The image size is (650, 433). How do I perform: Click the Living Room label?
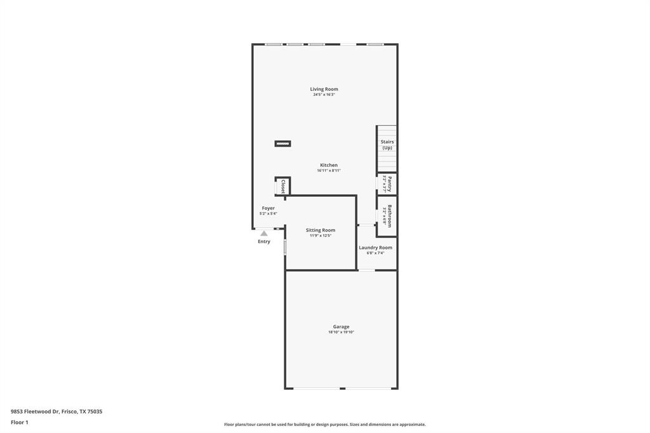click(x=324, y=89)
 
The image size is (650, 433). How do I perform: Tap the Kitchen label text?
click(x=328, y=165)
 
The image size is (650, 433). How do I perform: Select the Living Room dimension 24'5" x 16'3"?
click(x=324, y=95)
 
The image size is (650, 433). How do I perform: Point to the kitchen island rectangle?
click(x=282, y=144)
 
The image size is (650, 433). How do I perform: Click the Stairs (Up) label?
click(x=387, y=145)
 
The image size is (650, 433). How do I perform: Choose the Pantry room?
click(x=387, y=184)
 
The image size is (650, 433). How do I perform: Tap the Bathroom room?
click(x=387, y=216)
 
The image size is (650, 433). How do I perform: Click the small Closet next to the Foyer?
click(x=282, y=187)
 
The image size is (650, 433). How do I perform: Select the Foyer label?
click(x=268, y=208)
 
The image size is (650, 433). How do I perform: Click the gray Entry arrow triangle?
click(x=264, y=234)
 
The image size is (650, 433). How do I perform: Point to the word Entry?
click(x=264, y=241)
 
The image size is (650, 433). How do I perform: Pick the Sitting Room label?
click(x=321, y=230)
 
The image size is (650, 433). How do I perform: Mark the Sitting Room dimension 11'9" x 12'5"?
click(x=321, y=236)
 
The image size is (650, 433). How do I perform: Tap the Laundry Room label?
click(x=375, y=248)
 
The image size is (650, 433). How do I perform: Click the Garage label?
click(x=341, y=326)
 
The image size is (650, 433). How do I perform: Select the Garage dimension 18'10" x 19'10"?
click(x=341, y=332)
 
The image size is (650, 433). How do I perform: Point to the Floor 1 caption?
click(x=20, y=422)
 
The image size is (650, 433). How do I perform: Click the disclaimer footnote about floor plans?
click(x=324, y=425)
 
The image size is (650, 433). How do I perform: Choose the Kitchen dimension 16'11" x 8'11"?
click(x=329, y=171)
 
